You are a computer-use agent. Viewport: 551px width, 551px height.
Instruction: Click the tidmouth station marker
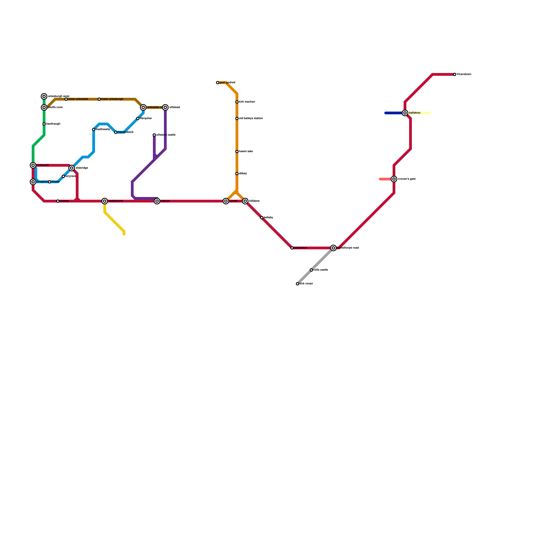point(33,165)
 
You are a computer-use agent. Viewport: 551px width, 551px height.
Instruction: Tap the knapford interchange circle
point(33,182)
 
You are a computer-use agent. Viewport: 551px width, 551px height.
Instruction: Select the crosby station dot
point(58,201)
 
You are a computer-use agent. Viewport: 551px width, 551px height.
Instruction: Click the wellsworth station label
point(116,201)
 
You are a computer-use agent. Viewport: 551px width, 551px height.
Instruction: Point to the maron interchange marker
point(157,201)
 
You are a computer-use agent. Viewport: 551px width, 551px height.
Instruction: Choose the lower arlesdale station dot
point(66,99)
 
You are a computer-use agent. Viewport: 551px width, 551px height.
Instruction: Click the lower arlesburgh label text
point(112,99)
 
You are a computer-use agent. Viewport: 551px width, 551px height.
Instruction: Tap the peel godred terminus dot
point(218,83)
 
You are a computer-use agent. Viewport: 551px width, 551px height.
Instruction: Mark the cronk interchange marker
point(226,201)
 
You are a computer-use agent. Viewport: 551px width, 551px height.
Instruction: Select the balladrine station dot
point(292,248)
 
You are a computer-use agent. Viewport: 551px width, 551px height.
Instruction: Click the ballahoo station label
point(415,113)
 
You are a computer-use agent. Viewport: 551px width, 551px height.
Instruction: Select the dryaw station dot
point(50,182)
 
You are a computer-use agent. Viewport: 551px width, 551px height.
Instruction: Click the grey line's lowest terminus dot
point(298,284)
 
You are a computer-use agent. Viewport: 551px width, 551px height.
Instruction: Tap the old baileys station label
point(251,118)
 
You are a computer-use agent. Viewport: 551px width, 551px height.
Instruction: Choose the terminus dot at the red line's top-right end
point(455,74)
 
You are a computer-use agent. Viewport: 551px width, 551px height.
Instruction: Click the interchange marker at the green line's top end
point(44,96)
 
